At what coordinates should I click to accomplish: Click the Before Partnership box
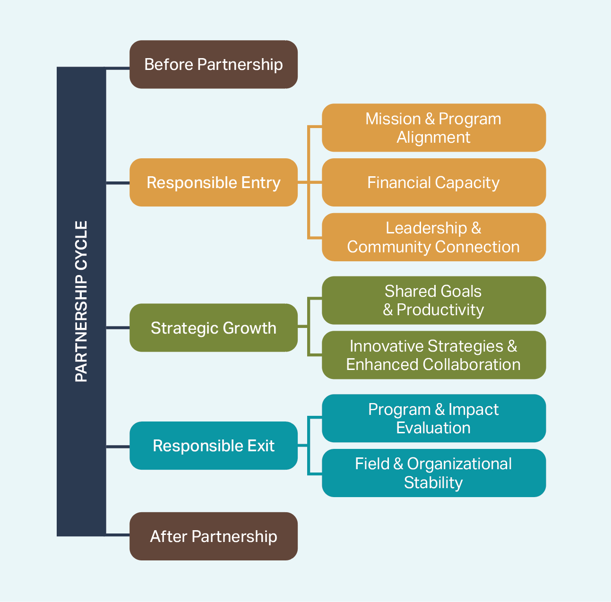coord(214,64)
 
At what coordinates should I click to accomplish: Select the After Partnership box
coord(214,536)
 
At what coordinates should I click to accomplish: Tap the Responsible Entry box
coord(214,182)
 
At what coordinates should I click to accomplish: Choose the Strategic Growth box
coord(214,327)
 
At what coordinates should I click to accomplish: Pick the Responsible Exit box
coord(214,446)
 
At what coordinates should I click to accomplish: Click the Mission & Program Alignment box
coord(433,128)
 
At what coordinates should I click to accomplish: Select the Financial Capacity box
coord(433,182)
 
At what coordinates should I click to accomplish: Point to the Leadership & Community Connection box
coord(433,237)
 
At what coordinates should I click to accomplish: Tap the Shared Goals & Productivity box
coord(433,301)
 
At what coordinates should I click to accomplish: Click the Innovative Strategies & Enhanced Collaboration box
coord(433,355)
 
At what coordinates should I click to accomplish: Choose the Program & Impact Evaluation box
coord(433,418)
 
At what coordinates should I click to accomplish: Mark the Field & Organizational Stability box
coord(433,473)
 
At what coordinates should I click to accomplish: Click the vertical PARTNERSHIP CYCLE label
coord(81,301)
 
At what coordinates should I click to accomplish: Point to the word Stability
coord(433,482)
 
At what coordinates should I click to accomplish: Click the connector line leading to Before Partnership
coord(118,69)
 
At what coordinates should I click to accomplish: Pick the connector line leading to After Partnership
coord(118,535)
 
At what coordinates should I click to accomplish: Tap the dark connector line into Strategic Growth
coord(118,327)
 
